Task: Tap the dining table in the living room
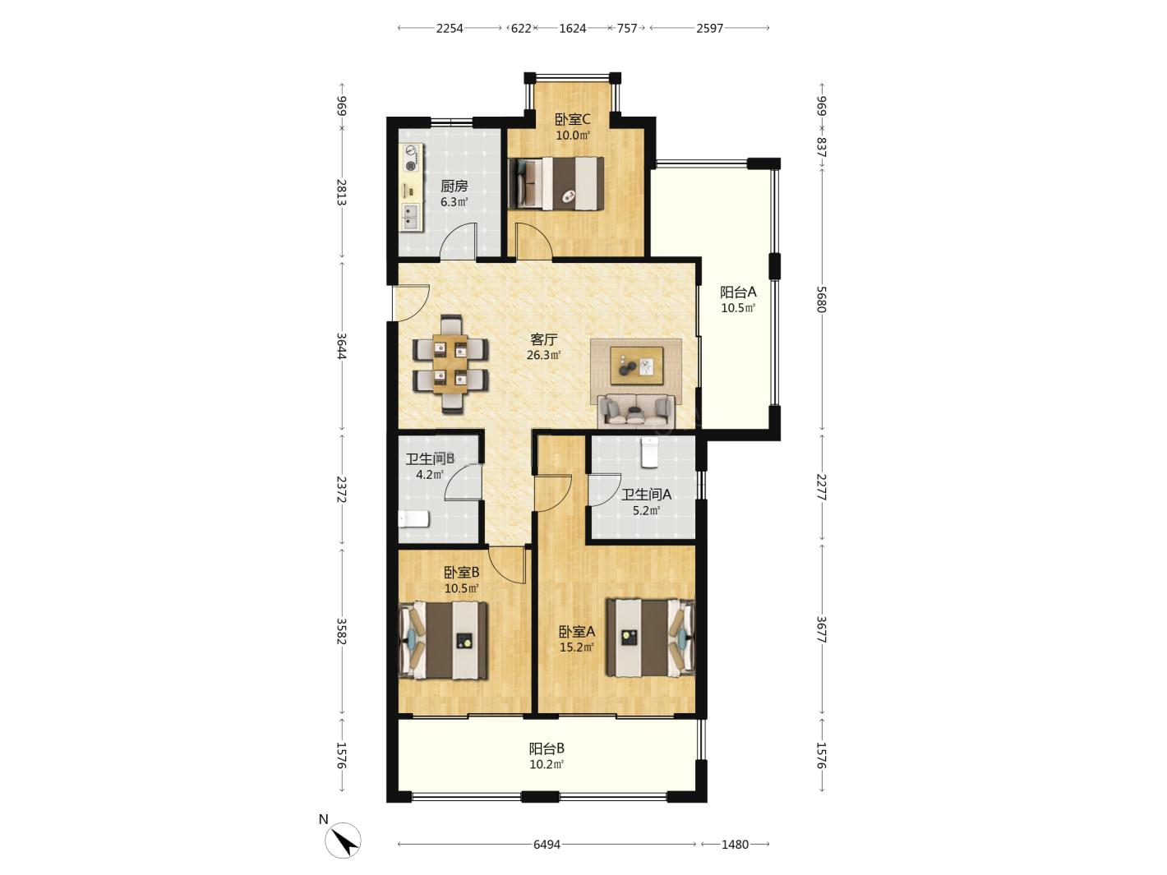450,364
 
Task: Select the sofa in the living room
636,412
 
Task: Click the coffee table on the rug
636,365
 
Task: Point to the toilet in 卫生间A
650,453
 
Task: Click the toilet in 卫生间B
413,519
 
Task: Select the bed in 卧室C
556,183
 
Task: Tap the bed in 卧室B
443,640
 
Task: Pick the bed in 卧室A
651,638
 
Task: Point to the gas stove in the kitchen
411,159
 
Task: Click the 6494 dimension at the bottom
547,844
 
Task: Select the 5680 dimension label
821,300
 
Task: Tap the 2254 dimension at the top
450,28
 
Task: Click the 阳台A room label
738,292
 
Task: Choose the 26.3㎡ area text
543,355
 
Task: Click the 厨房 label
454,187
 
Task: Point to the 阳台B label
547,748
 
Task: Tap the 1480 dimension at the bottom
735,844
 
